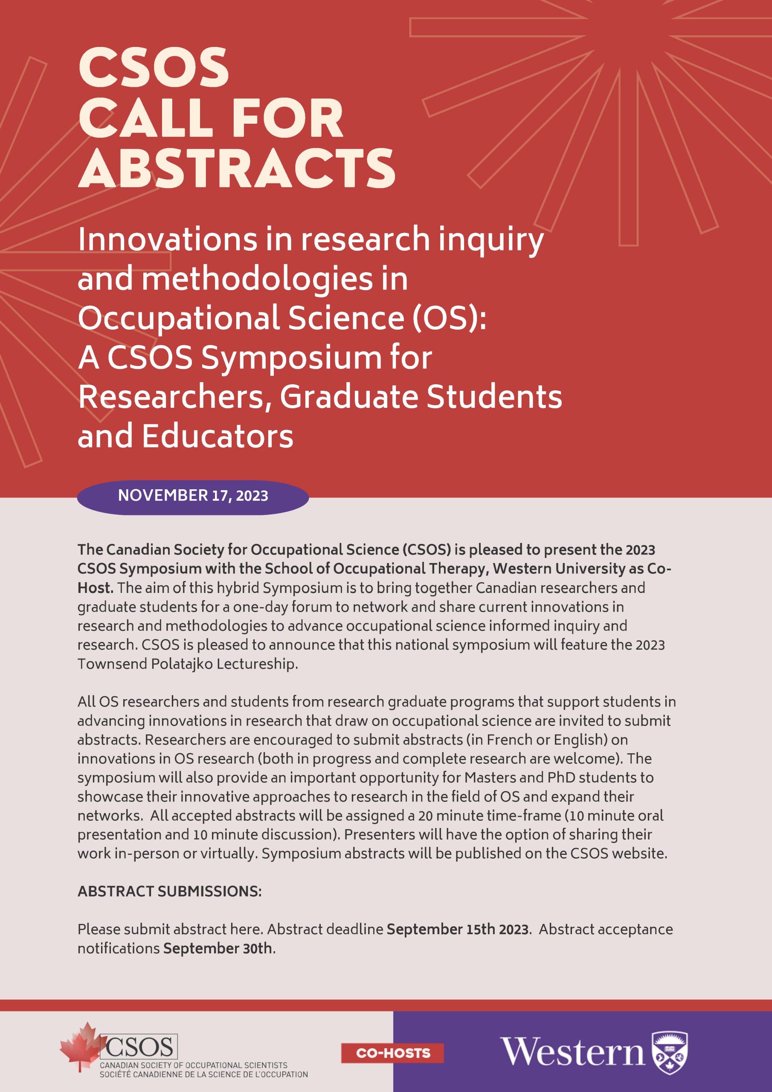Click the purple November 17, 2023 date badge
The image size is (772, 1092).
coord(193,496)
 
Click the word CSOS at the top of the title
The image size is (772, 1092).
coord(153,69)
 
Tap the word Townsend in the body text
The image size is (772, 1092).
coord(112,664)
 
